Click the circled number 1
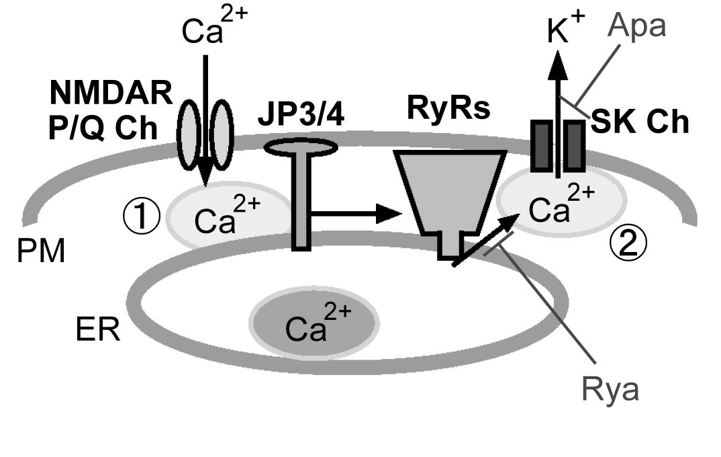tap(142, 216)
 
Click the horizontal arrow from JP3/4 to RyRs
tap(356, 214)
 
